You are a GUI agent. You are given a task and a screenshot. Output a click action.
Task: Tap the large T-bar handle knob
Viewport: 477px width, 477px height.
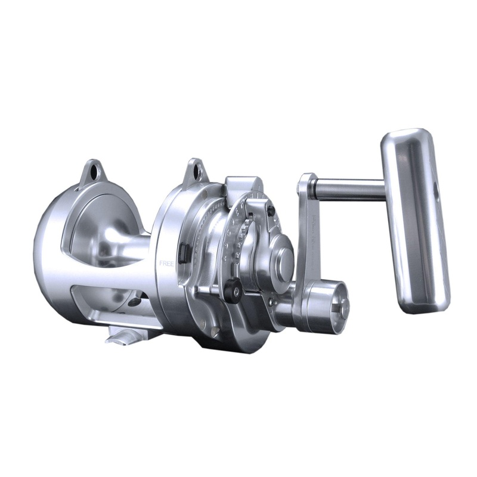(x=416, y=221)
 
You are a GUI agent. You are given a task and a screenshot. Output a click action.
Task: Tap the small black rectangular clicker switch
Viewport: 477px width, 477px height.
(x=182, y=252)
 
